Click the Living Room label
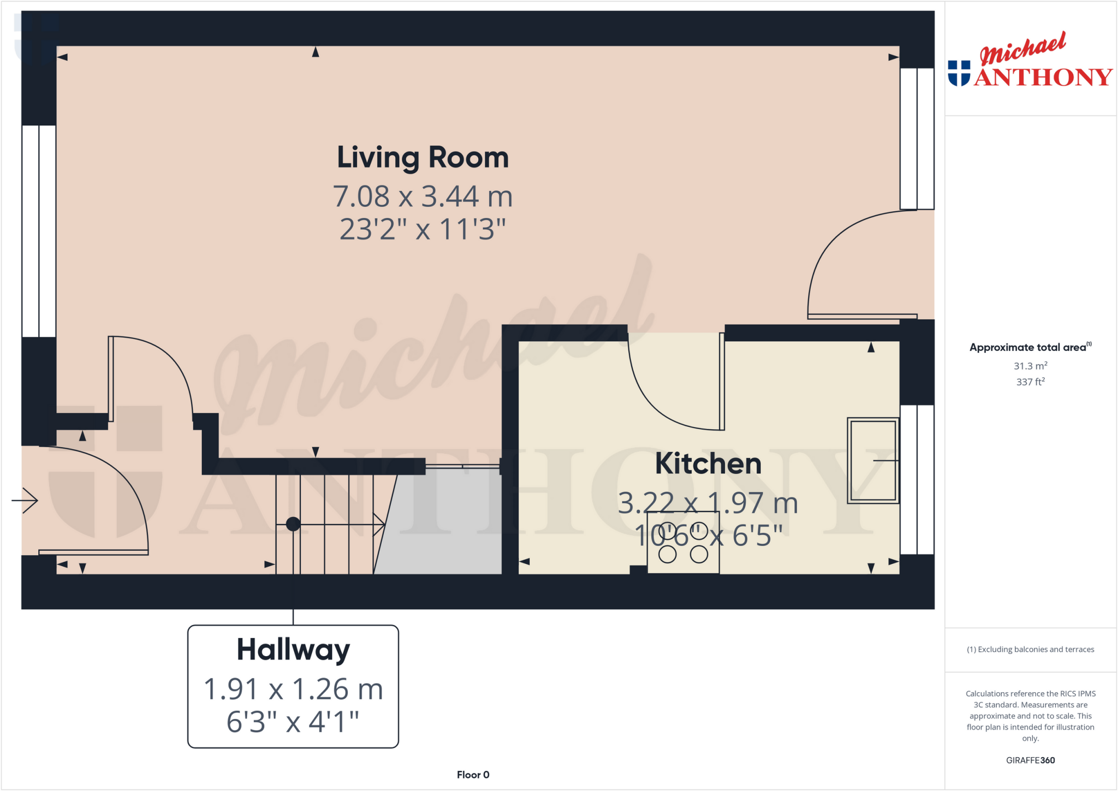coord(423,158)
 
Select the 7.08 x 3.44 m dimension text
coord(423,197)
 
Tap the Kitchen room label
coord(708,464)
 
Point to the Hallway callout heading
coord(293,650)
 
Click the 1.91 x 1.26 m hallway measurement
coord(293,689)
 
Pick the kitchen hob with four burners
coord(683,543)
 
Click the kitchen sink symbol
coord(872,461)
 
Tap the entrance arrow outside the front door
coord(25,500)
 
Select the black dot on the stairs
coord(293,524)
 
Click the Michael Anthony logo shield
coord(959,73)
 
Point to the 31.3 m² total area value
coord(1030,366)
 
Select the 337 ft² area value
coord(1030,382)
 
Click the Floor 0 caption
coord(473,775)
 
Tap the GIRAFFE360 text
coord(1030,760)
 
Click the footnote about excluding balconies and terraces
coord(1030,649)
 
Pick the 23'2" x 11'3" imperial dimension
coord(423,229)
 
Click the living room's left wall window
coord(39,231)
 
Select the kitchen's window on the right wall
coord(917,479)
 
